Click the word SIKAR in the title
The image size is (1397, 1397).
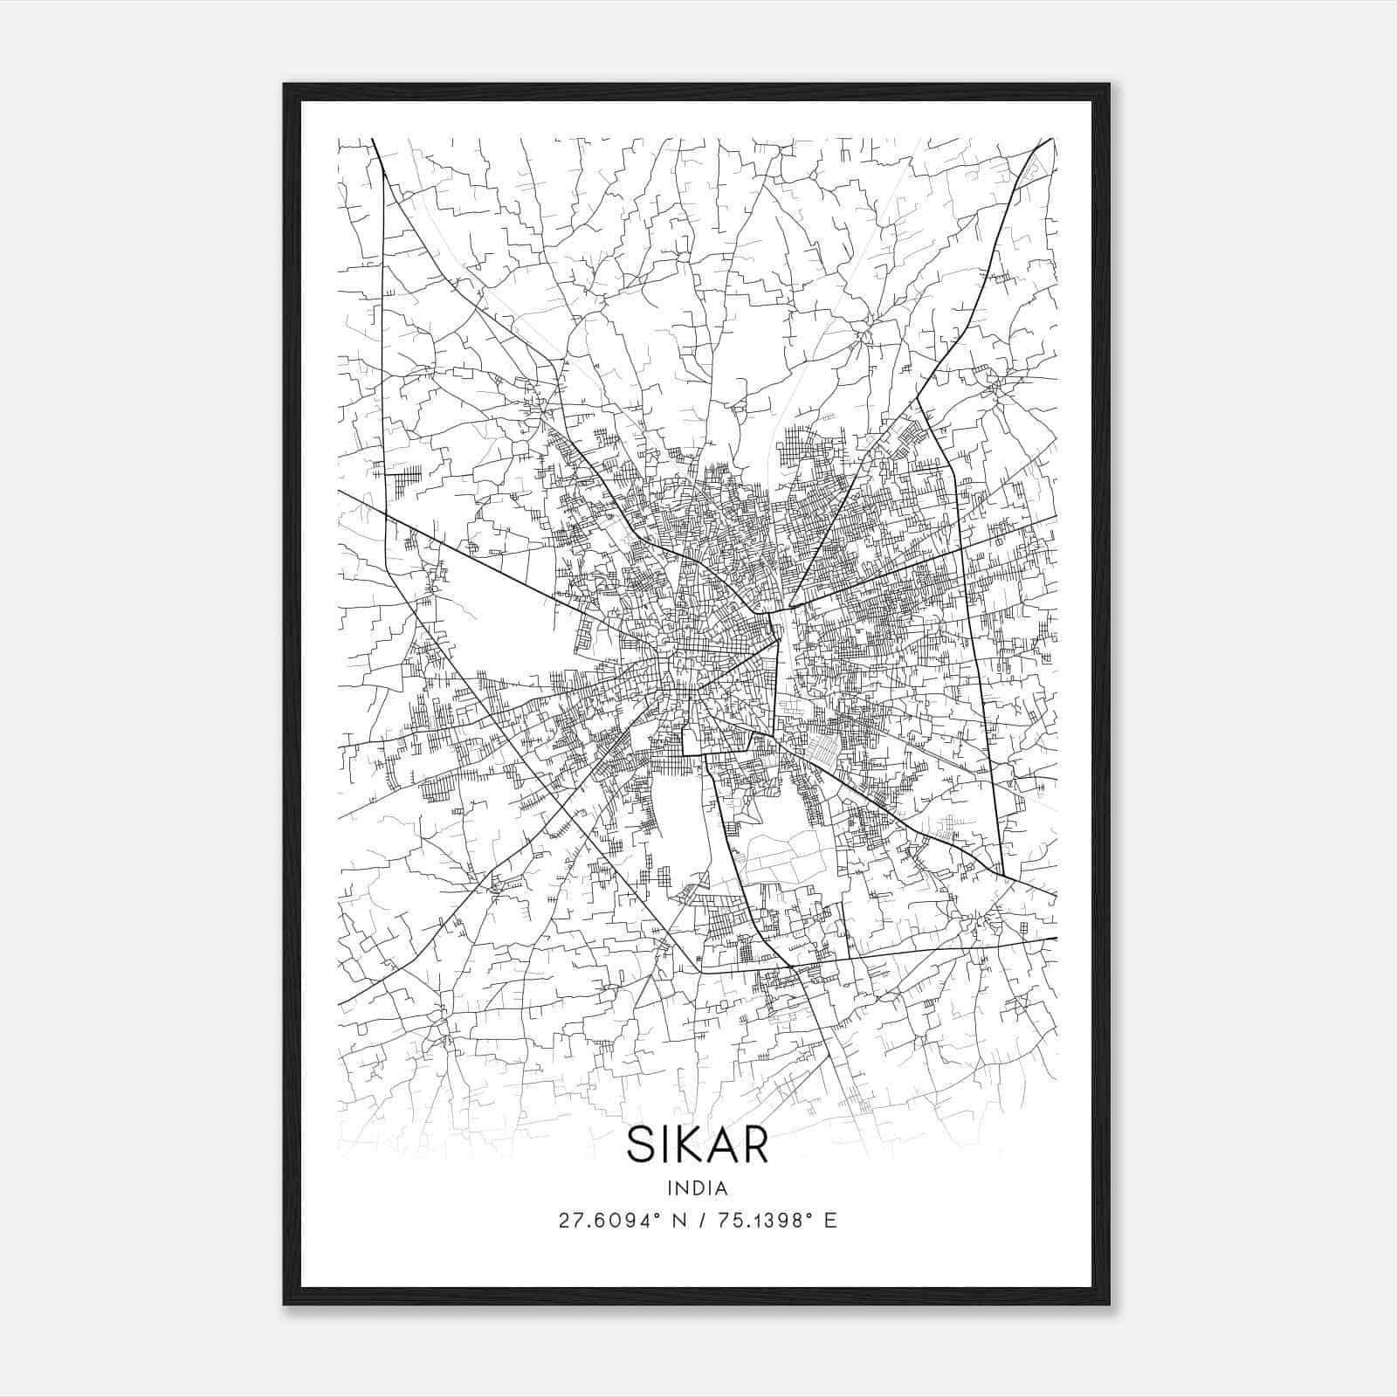pyautogui.click(x=697, y=1146)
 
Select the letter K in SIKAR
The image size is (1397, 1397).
pyautogui.click(x=692, y=1146)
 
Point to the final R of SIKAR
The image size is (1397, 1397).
pyautogui.click(x=755, y=1146)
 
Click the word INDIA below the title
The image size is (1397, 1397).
pyautogui.click(x=697, y=1188)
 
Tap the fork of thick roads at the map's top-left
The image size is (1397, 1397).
pyautogui.click(x=384, y=170)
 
